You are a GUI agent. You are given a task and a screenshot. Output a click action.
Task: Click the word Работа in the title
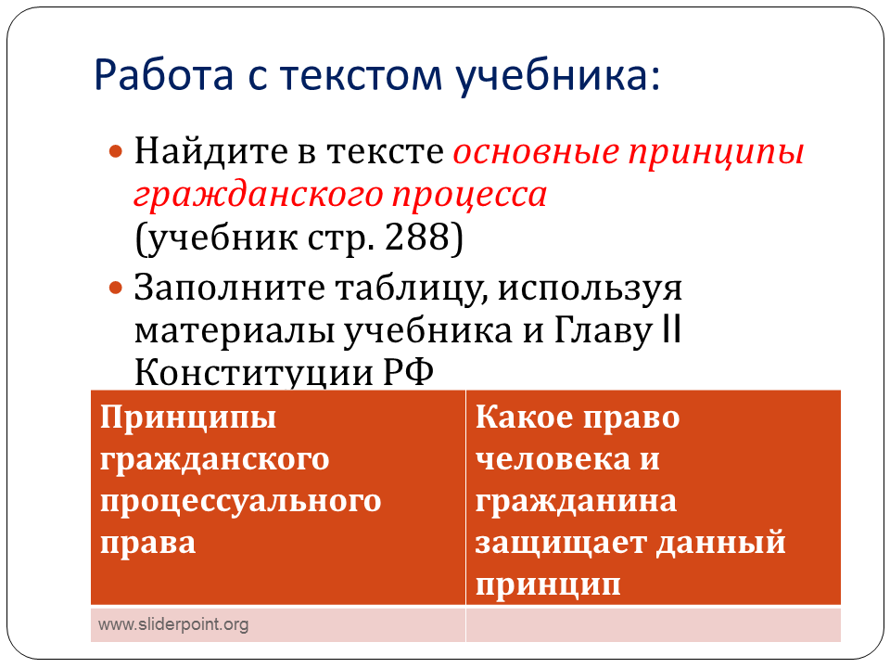(163, 74)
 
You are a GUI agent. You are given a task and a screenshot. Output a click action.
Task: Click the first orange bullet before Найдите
(116, 151)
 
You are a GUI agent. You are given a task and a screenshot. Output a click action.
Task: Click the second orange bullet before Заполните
(116, 288)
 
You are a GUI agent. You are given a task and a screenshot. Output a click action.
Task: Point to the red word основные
(536, 152)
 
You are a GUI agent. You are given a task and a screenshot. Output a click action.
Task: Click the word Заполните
(229, 288)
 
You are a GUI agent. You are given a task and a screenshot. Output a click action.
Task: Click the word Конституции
(254, 373)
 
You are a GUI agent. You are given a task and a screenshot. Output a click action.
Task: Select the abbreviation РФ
(409, 373)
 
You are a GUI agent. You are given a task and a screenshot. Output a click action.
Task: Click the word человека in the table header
(553, 459)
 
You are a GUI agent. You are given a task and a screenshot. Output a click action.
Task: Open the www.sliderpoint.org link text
(173, 624)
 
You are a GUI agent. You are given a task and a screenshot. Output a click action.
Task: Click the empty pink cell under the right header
(654, 624)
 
